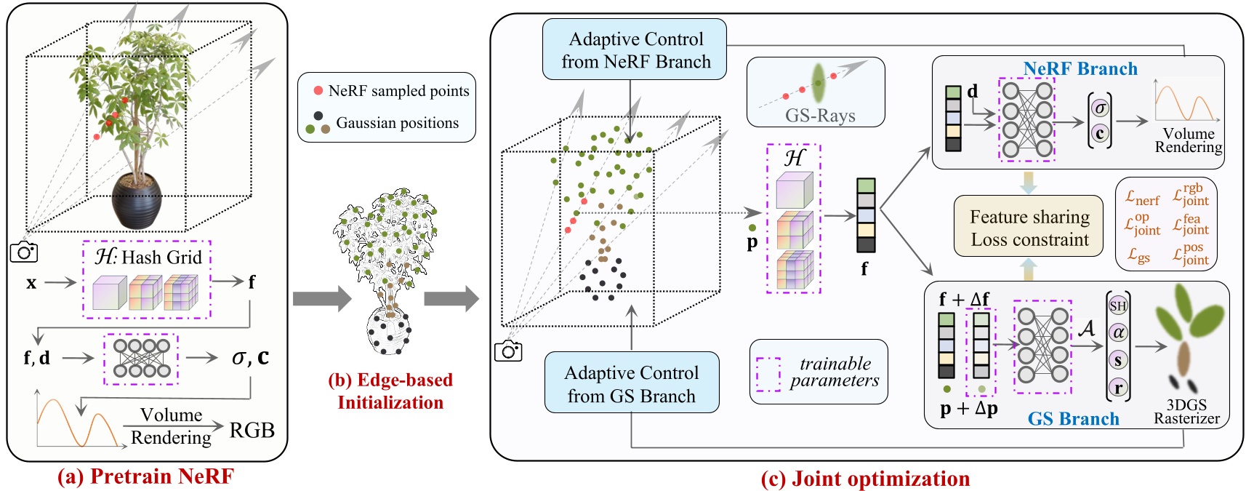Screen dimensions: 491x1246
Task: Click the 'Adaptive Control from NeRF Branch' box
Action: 635,49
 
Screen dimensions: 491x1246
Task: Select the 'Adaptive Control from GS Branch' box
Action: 631,384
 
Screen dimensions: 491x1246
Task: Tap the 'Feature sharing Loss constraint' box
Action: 1029,227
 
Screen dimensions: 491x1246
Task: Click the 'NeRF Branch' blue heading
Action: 1080,68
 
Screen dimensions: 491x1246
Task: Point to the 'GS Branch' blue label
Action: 1073,418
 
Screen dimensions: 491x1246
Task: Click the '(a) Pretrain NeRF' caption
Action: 146,476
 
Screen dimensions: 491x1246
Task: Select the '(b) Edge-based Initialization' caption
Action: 390,391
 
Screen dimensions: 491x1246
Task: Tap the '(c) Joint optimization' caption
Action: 864,479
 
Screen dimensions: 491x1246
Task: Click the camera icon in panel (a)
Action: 24,252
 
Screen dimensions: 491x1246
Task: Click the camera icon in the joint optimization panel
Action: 508,351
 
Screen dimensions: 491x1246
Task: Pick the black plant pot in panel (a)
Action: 137,201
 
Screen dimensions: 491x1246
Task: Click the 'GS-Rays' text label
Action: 819,116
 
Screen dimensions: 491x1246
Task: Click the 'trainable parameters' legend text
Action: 834,372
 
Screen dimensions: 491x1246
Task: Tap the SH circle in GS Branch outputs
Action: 1117,306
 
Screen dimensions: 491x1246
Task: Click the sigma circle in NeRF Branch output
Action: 1100,108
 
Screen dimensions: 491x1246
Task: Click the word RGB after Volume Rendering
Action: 252,430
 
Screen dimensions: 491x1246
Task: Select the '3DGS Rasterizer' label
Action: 1186,412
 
